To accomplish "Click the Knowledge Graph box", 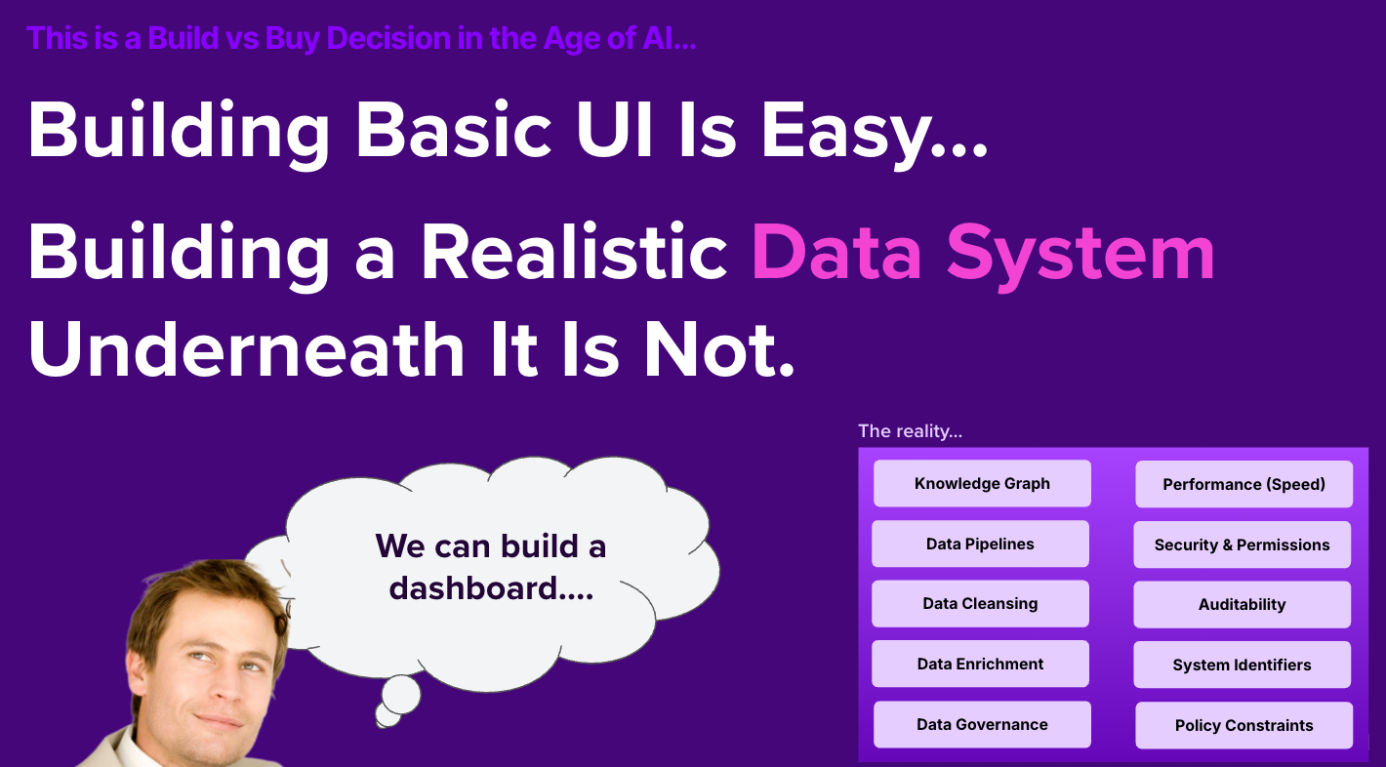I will (982, 484).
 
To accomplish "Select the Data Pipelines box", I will (980, 545).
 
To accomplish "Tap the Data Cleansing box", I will (980, 604).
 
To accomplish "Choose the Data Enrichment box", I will (980, 665).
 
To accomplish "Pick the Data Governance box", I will (982, 725).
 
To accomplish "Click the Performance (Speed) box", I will (1243, 485).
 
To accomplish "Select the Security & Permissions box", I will (1242, 545).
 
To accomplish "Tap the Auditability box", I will (1242, 605).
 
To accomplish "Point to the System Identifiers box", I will (1242, 666).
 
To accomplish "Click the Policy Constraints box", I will (1243, 726).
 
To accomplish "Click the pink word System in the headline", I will (1080, 253).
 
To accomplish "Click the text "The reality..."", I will (910, 431).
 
